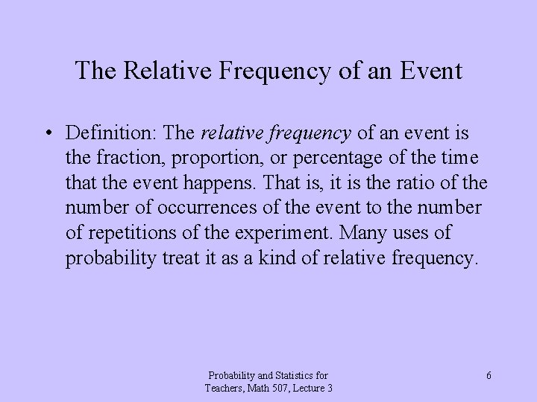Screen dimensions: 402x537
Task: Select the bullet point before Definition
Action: click(x=48, y=134)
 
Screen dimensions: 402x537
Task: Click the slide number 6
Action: click(x=489, y=376)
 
